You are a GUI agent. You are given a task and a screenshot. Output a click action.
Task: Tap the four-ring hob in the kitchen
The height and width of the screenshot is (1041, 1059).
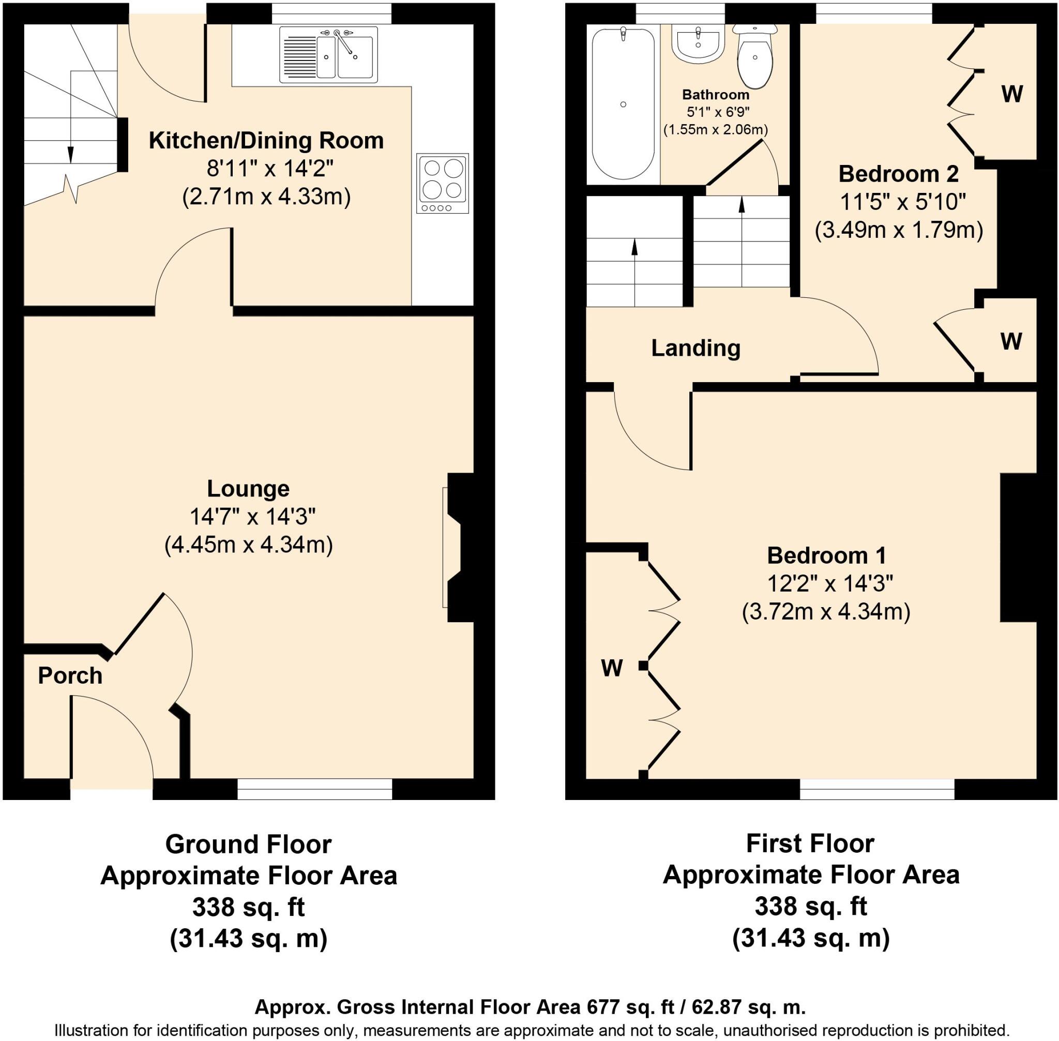click(442, 183)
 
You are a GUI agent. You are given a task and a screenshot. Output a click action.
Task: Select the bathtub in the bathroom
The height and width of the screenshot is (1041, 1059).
click(623, 104)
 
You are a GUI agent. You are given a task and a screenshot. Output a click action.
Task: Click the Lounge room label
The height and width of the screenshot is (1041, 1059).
click(248, 488)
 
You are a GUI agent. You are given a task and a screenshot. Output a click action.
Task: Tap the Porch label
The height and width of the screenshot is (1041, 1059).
click(70, 676)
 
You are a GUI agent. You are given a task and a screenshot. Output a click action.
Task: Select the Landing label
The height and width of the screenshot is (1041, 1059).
click(695, 348)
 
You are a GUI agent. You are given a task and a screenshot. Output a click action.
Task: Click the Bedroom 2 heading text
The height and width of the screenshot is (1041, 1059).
click(898, 174)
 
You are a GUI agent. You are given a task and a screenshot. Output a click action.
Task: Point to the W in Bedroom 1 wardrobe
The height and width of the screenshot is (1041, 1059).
click(611, 668)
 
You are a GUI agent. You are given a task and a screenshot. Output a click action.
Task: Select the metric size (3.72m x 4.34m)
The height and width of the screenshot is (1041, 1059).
click(826, 611)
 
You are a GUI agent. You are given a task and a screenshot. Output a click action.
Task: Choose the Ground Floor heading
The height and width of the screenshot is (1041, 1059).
click(248, 844)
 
